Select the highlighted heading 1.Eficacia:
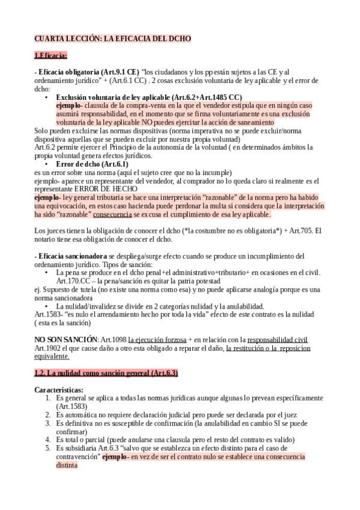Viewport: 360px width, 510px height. (51, 56)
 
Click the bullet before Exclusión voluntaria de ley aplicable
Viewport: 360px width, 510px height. (47, 97)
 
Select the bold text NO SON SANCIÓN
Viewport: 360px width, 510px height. (66, 339)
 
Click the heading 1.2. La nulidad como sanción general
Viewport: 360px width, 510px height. (106, 373)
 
